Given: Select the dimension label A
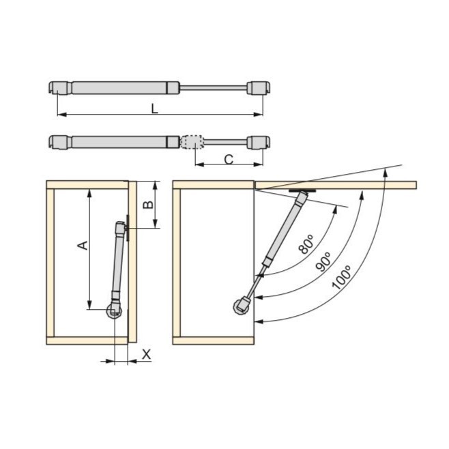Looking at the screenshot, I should click(x=82, y=244).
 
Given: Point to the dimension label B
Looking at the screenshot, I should click(x=145, y=205).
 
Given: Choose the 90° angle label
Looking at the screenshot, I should click(x=325, y=261).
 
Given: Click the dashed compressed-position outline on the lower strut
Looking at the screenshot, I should click(x=192, y=142).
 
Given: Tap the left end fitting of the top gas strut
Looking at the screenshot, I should click(x=59, y=87).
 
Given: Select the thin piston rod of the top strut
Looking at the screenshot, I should click(x=213, y=87).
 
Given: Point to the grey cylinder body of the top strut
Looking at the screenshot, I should click(x=119, y=87).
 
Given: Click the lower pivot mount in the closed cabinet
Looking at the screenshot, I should click(x=114, y=311).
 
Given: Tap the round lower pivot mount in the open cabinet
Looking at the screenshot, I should click(x=242, y=306).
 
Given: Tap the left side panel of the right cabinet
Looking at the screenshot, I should click(x=177, y=263).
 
